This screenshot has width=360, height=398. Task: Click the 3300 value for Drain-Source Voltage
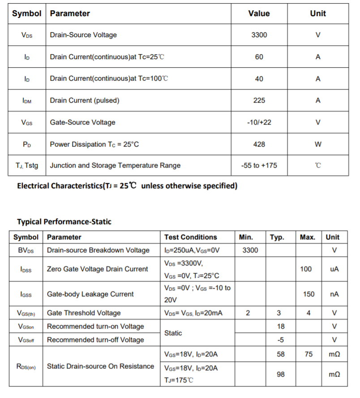259,35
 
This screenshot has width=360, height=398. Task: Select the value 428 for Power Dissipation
259,144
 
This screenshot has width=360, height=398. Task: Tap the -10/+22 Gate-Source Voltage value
259,122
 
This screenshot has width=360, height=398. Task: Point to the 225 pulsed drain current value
259,100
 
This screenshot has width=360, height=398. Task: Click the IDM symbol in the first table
27,101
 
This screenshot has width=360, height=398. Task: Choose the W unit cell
318,144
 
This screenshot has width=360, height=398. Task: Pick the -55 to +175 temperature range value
259,165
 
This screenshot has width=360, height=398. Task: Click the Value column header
259,13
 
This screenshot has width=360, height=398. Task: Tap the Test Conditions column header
190,237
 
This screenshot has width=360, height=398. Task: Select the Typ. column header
277,237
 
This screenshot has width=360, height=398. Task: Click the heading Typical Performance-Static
64,221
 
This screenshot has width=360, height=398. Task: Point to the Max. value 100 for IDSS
306,269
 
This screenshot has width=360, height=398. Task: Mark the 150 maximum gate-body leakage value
309,294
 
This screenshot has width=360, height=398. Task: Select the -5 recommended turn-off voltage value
281,340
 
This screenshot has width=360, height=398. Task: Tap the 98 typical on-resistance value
281,374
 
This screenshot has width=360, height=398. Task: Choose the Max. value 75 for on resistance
309,354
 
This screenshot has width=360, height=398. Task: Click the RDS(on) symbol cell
26,367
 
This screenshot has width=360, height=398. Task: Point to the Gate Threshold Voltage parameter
84,313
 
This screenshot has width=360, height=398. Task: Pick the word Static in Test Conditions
173,333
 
